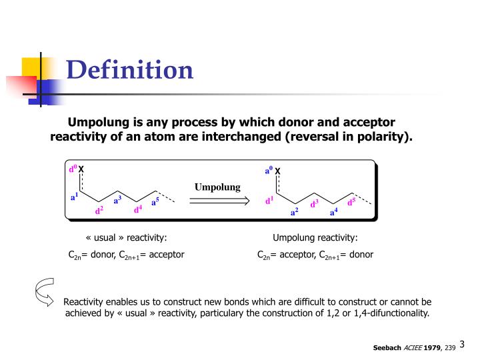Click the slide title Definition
pos(130,69)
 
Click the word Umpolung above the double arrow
pos(217,187)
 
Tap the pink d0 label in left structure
pos(73,169)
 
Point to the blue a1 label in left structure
pos(75,196)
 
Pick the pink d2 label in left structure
pos(99,210)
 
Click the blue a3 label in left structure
pos(117,199)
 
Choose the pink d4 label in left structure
pos(137,209)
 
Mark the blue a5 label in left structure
pos(155,201)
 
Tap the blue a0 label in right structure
pos(269,171)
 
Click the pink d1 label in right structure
pos(269,199)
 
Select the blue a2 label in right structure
pos(294,211)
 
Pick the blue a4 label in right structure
pos(333,211)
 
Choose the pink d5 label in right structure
pos(351,201)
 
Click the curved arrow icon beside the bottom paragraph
pos(44,294)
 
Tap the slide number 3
pos(462,344)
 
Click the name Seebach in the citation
pos(387,347)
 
